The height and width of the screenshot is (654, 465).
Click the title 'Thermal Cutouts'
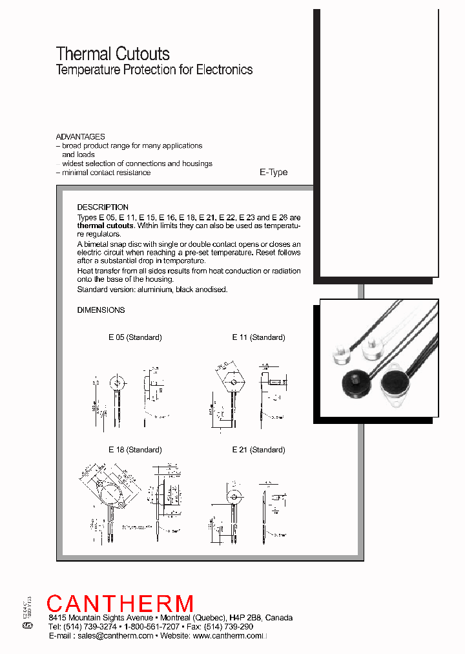click(x=113, y=54)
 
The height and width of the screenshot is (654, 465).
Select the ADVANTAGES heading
click(x=80, y=137)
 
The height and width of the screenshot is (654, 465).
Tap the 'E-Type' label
click(x=273, y=173)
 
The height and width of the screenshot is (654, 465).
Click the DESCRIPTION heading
click(x=103, y=207)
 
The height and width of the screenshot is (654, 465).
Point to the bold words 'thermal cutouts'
click(x=105, y=226)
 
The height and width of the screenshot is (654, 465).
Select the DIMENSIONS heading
click(x=101, y=310)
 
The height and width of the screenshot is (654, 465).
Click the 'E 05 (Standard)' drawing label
click(x=135, y=337)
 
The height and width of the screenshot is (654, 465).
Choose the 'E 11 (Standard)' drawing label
click(x=258, y=337)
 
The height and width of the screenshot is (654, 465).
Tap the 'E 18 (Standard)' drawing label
click(x=134, y=450)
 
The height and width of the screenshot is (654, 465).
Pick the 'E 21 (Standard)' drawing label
click(x=258, y=450)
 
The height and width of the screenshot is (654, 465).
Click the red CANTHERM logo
click(x=120, y=604)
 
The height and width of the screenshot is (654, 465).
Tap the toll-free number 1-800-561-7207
click(x=152, y=627)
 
